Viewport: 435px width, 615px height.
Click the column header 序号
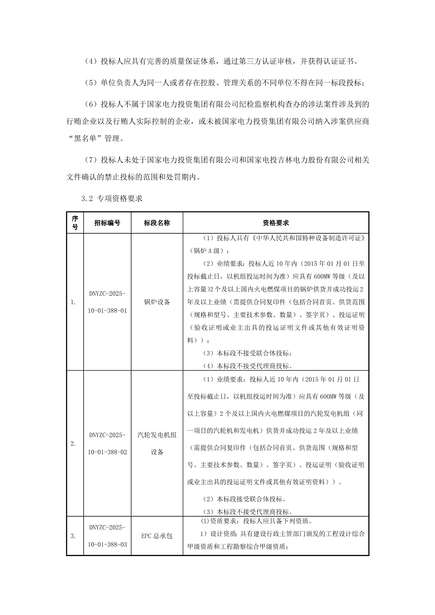click(x=75, y=223)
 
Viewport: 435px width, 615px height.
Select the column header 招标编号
click(x=107, y=223)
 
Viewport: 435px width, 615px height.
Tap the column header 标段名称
click(x=157, y=223)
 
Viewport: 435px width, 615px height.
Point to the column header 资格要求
click(x=276, y=223)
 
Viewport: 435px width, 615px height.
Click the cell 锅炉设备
click(x=157, y=302)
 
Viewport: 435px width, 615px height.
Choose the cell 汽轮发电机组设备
click(x=157, y=443)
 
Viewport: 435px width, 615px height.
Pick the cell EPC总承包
click(x=157, y=536)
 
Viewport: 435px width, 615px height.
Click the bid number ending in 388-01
click(x=107, y=302)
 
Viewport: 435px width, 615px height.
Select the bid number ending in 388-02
click(x=107, y=443)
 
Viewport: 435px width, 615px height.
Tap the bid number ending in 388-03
click(x=107, y=536)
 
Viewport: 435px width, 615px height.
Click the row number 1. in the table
click(x=73, y=302)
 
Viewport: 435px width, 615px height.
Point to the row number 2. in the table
click(x=73, y=443)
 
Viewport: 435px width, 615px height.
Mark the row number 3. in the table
click(x=73, y=536)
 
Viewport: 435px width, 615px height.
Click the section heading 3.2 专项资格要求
click(x=112, y=199)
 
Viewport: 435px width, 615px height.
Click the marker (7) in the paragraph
click(x=91, y=160)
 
